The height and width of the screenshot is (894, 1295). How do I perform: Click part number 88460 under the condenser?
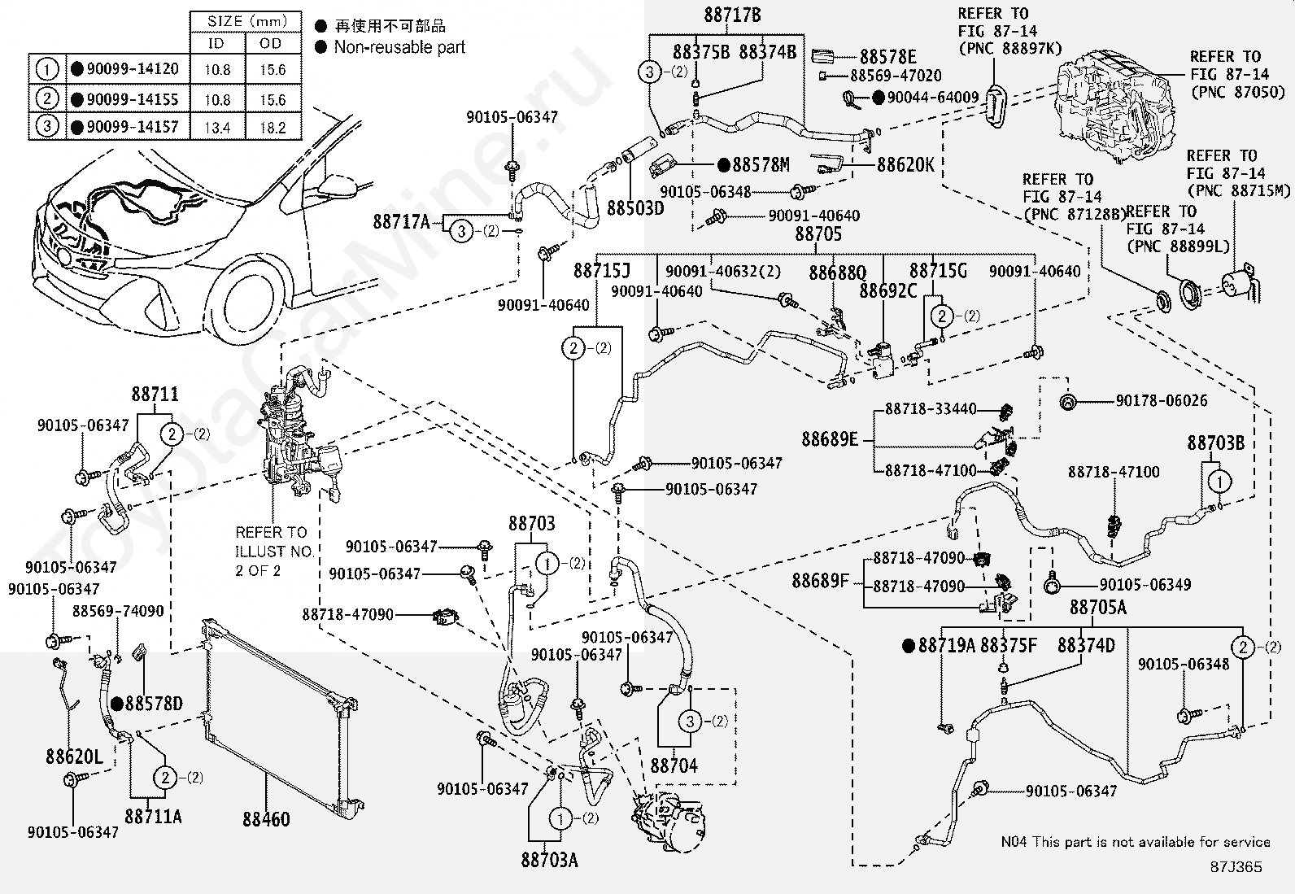(266, 819)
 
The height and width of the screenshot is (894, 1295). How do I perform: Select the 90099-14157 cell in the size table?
(132, 127)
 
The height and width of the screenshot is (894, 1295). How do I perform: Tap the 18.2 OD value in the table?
(273, 128)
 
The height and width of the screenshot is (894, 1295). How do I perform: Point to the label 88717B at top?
(732, 15)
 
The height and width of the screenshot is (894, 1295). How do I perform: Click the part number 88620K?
(905, 165)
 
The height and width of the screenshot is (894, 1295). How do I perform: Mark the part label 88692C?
(887, 290)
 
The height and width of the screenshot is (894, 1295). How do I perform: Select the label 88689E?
(830, 439)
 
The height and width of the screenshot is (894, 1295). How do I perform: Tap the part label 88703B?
(1215, 443)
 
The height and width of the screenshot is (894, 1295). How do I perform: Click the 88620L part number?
(75, 757)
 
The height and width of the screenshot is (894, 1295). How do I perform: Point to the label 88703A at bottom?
(549, 860)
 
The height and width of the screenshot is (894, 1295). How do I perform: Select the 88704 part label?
(674, 765)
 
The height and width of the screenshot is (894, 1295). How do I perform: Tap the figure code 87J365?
(1236, 867)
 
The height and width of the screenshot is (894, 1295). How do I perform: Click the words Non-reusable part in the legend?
(399, 47)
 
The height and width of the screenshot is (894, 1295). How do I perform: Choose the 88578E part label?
(888, 57)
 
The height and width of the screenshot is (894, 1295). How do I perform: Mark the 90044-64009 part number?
(933, 98)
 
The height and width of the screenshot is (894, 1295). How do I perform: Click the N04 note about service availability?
(1135, 842)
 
